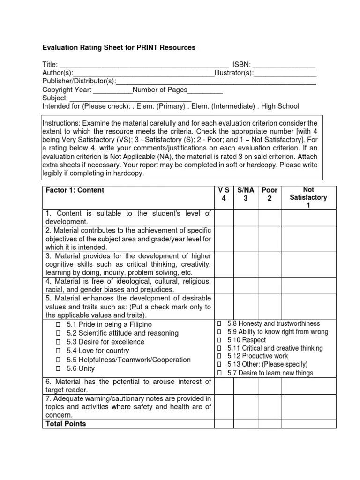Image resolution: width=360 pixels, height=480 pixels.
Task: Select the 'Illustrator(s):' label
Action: pos(234,73)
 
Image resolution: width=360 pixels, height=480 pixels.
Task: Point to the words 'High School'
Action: pos(280,106)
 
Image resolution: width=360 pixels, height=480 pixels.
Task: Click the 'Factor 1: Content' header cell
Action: pos(75,190)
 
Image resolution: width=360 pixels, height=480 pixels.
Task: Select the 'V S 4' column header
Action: pos(224,194)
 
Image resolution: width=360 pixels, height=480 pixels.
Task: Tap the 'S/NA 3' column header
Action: pos(246,194)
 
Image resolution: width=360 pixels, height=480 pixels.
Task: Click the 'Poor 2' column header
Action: pos(270,194)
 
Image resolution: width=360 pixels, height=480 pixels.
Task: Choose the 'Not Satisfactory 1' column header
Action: pos(308,197)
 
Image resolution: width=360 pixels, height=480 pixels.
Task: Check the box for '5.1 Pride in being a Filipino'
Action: pos(59,324)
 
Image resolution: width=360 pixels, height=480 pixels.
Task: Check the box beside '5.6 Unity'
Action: pos(59,369)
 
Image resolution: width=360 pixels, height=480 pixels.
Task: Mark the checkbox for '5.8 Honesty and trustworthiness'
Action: pos(219,324)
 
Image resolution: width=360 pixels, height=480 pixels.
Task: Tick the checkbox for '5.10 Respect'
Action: pos(219,340)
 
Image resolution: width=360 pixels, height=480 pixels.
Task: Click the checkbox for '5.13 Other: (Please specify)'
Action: pos(219,365)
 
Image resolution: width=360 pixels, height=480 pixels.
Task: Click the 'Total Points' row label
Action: pos(66,424)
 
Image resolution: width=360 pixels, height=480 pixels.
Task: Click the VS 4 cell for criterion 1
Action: pos(224,217)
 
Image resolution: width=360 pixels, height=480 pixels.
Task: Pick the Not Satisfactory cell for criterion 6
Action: pos(308,386)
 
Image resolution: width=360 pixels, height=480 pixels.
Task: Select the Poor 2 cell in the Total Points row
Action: pos(270,424)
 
